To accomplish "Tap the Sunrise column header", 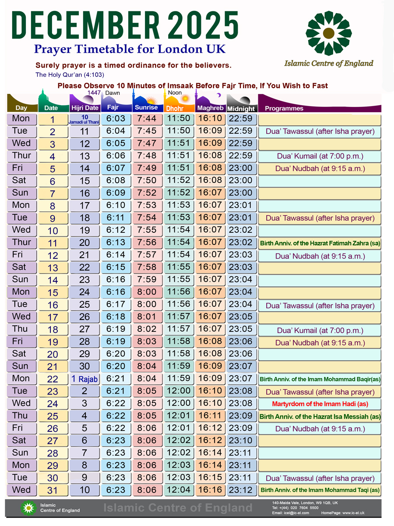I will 147,108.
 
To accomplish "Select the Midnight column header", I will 241,109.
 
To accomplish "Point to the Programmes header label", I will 284,109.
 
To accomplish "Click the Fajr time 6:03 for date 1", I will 116,119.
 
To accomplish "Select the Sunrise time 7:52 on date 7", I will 147,193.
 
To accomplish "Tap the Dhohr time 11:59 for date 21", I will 179,366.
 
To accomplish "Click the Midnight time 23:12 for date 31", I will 241,490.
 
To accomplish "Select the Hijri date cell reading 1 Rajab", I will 85,379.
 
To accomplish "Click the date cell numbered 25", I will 53,416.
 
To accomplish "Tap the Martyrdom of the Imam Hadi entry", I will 320,404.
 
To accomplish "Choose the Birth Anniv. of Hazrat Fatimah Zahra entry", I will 320,243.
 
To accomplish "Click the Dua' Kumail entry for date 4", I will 320,156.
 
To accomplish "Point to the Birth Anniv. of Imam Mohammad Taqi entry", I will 320,490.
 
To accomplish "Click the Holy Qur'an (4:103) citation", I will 70,75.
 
